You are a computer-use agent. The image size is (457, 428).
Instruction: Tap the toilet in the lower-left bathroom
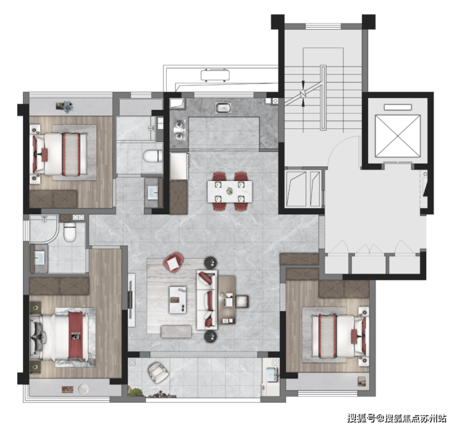coord(70,231)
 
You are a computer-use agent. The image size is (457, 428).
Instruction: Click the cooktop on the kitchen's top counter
coord(222,109)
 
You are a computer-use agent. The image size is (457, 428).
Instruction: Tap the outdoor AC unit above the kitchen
coord(214,76)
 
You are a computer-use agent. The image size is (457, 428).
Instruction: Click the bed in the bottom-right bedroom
coord(333,336)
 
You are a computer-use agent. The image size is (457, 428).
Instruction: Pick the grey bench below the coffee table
coord(176,331)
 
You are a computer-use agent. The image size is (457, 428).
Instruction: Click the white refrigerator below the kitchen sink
coord(179,166)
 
